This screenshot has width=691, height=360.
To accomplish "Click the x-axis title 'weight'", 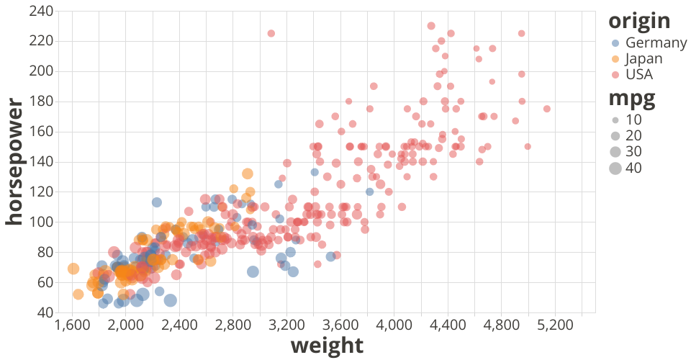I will pos(327,346).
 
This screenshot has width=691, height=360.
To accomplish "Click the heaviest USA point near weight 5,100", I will pos(547,109).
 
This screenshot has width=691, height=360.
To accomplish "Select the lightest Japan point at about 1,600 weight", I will pos(73,269).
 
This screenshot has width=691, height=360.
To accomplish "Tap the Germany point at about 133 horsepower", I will pos(315,172).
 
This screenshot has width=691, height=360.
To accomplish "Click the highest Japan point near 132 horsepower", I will pos(248,174).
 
